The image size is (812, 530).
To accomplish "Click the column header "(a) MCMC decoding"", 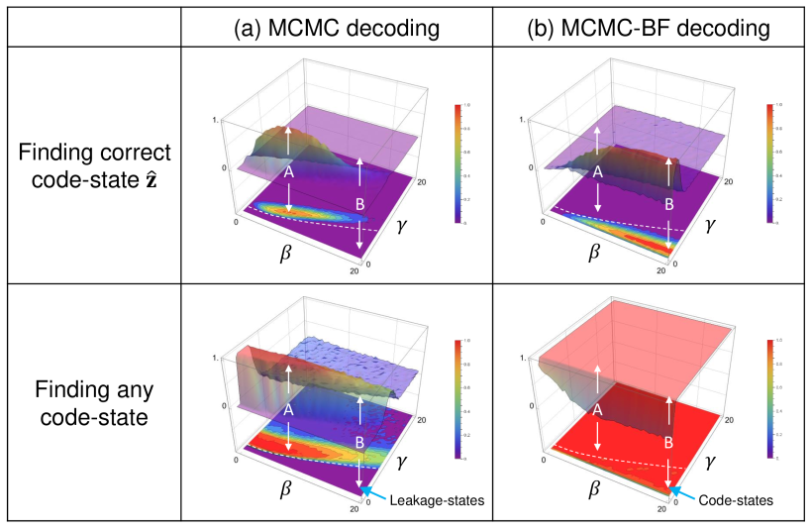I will (337, 29).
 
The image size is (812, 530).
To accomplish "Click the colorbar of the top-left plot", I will (457, 163).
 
